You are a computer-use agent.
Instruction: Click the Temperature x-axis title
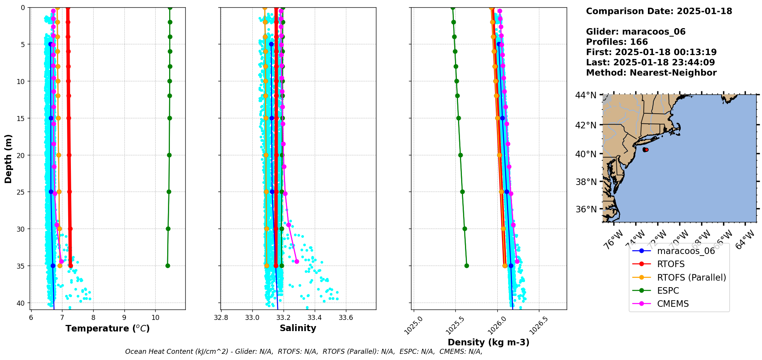(x=107, y=328)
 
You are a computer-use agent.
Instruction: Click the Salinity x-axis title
(x=298, y=328)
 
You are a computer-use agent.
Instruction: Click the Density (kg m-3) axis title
(x=488, y=342)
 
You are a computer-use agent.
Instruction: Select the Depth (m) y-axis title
(x=8, y=158)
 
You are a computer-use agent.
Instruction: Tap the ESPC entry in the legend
(x=668, y=291)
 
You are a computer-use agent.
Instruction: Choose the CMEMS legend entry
(x=673, y=304)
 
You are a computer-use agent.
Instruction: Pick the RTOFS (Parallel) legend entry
(x=691, y=278)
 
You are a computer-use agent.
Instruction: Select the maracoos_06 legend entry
(x=686, y=251)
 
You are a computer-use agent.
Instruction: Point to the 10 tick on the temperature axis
(x=155, y=318)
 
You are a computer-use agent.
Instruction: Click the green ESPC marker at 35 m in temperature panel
(x=168, y=266)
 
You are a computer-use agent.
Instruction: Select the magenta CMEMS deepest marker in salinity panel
(x=297, y=262)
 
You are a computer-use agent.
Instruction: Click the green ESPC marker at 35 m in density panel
(x=467, y=266)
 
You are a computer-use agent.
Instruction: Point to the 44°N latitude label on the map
(x=586, y=95)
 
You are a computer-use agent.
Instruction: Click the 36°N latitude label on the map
(x=586, y=209)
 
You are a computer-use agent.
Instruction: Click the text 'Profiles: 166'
(x=617, y=42)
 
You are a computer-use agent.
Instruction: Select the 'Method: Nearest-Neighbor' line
(x=651, y=73)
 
